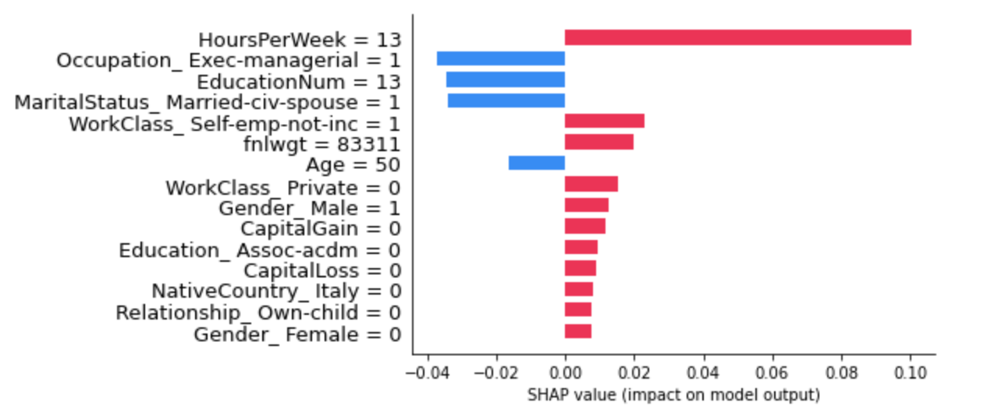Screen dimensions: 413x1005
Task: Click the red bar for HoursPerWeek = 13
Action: click(737, 37)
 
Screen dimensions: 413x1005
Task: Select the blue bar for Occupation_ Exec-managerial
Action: click(500, 58)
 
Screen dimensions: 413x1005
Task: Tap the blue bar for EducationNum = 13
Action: click(505, 79)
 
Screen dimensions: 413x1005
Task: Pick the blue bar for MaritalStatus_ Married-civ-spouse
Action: click(506, 101)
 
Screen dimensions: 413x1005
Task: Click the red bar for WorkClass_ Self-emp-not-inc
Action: click(604, 121)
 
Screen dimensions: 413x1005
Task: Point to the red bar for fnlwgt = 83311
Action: click(598, 142)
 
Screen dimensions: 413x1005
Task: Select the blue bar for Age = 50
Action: click(536, 163)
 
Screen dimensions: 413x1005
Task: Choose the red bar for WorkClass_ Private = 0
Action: click(591, 184)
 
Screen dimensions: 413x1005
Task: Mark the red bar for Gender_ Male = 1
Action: click(586, 205)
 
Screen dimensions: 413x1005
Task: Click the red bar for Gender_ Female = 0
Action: click(577, 331)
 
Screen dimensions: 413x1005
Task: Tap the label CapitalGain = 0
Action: click(321, 229)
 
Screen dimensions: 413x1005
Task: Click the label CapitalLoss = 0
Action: click(322, 271)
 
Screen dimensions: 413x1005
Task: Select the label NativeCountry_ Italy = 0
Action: click(276, 292)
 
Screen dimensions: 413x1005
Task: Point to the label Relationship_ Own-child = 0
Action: click(258, 313)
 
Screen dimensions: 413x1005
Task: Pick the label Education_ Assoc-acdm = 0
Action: click(260, 250)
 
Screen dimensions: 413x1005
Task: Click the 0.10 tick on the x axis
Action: click(910, 372)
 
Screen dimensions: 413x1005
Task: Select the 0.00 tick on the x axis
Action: click(565, 372)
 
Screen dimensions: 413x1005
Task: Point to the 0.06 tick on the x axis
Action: click(772, 372)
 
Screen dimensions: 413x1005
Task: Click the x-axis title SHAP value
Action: click(673, 395)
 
